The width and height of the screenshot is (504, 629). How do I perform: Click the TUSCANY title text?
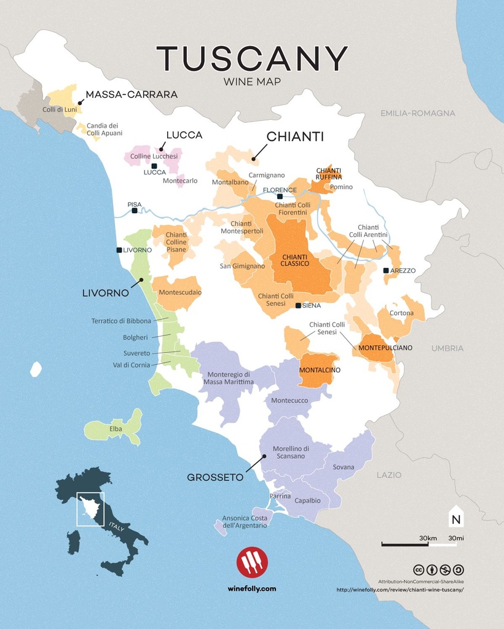coord(252,59)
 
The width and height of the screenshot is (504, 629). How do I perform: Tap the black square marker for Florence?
coord(280,197)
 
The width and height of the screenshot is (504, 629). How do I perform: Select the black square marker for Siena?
coord(298,305)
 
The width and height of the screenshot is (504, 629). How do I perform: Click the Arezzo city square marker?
coord(385,270)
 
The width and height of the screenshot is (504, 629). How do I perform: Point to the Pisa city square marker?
coord(135,211)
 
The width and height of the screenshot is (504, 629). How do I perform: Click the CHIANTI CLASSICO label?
coord(296,260)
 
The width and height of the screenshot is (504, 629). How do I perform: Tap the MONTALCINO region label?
coord(320,370)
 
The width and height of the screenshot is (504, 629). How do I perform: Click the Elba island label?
coord(116,429)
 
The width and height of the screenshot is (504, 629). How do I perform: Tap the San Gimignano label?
coord(242,266)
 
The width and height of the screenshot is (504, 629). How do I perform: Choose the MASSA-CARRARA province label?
coord(132,95)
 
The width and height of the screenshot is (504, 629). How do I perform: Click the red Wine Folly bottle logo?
coord(252,561)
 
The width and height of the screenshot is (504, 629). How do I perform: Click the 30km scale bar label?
coord(428,538)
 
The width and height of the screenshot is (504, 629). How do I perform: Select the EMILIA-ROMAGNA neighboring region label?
coord(418,113)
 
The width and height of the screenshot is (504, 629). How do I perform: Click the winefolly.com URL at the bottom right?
coord(400,590)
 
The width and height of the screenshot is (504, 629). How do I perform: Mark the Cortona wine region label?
coord(401,313)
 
